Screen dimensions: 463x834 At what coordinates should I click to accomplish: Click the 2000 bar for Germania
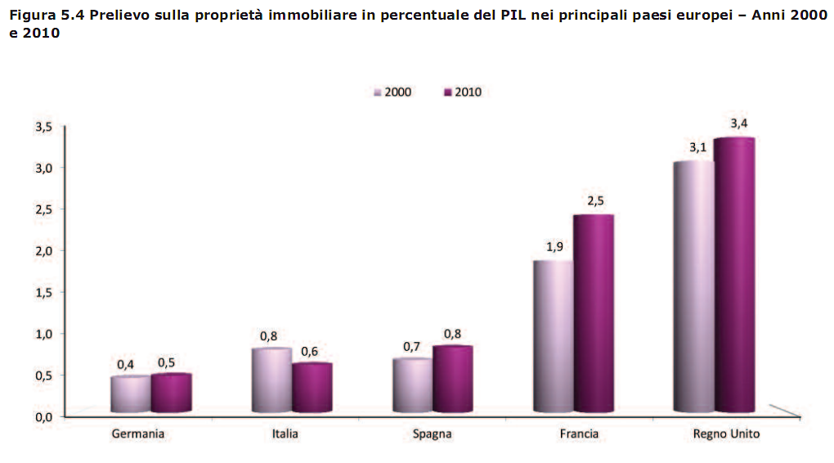point(130,394)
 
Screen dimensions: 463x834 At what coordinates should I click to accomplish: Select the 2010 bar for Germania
point(171,393)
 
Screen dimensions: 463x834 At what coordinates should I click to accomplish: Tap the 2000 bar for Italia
point(271,380)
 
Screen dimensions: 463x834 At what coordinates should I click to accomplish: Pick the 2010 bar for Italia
point(312,388)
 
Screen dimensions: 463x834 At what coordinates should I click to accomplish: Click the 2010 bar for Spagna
point(452,380)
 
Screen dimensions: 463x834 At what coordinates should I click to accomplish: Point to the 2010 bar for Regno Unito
point(733,275)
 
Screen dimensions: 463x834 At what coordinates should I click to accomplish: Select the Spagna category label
point(432,434)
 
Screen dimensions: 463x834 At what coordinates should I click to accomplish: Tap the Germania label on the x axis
point(138,434)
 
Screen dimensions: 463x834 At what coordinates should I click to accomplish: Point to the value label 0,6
point(309,351)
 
